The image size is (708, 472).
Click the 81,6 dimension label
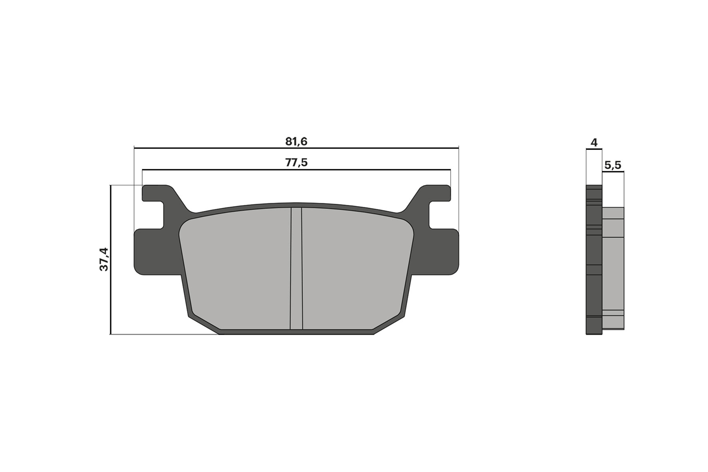pyautogui.click(x=296, y=141)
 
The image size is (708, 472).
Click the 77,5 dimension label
pyautogui.click(x=296, y=163)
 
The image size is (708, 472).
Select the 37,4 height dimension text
pyautogui.click(x=104, y=259)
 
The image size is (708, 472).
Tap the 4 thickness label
pyautogui.click(x=594, y=143)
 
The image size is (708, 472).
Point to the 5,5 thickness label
pyautogui.click(x=613, y=165)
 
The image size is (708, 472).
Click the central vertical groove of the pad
pyautogui.click(x=296, y=268)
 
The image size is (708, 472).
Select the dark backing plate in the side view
pyautogui.click(x=594, y=260)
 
